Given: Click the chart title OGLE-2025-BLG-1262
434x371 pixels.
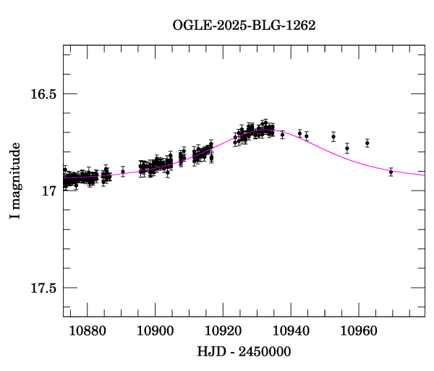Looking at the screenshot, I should coord(244,25).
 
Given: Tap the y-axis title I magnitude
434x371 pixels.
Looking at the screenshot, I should coord(15,181).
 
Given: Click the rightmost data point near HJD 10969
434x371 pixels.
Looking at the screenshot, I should coord(391,172).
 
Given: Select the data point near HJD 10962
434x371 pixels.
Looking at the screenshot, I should coord(367,143).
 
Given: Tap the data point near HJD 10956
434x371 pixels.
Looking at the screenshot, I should coord(347,148).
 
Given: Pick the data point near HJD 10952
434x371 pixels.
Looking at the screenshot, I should coord(333,136).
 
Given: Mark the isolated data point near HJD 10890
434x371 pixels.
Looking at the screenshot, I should coord(123,172).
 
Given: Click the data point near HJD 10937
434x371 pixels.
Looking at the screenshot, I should coord(282,135).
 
